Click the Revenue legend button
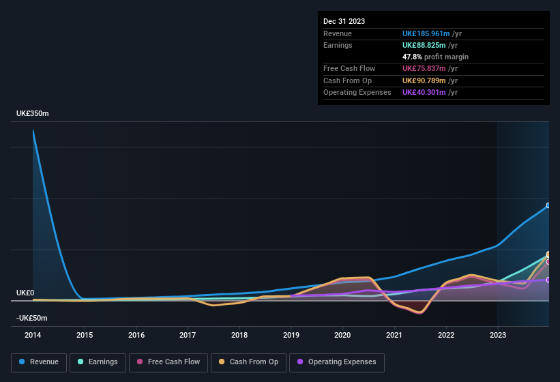click(39, 362)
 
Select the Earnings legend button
click(98, 362)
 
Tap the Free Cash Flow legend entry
click(168, 362)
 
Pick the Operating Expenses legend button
click(337, 362)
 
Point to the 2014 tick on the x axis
click(33, 335)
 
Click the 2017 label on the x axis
click(188, 335)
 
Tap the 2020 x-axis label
click(342, 335)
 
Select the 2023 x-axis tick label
click(497, 335)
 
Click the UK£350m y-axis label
click(33, 113)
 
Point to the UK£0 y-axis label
click(25, 293)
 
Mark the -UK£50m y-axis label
click(31, 318)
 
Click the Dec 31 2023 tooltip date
click(344, 21)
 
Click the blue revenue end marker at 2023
click(548, 205)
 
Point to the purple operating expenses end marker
click(548, 280)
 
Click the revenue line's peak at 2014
click(33, 130)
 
